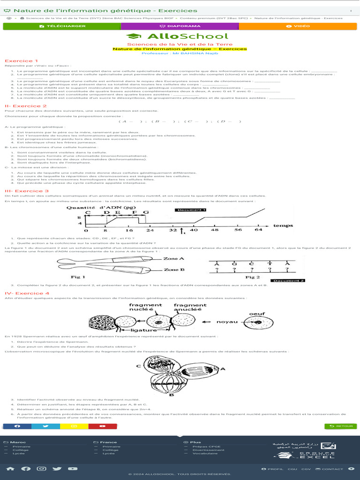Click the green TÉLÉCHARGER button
pyautogui.click(x=62, y=26)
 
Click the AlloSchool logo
pyautogui.click(x=178, y=36)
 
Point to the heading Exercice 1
pyautogui.click(x=22, y=61)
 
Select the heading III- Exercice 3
pyautogui.click(x=27, y=191)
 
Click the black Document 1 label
pyautogui.click(x=190, y=210)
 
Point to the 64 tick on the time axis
pyautogui.click(x=258, y=230)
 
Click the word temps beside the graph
pyautogui.click(x=283, y=225)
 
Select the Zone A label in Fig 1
pyautogui.click(x=173, y=258)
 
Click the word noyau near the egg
pyautogui.click(x=226, y=322)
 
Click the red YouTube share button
pyautogui.click(x=103, y=426)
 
